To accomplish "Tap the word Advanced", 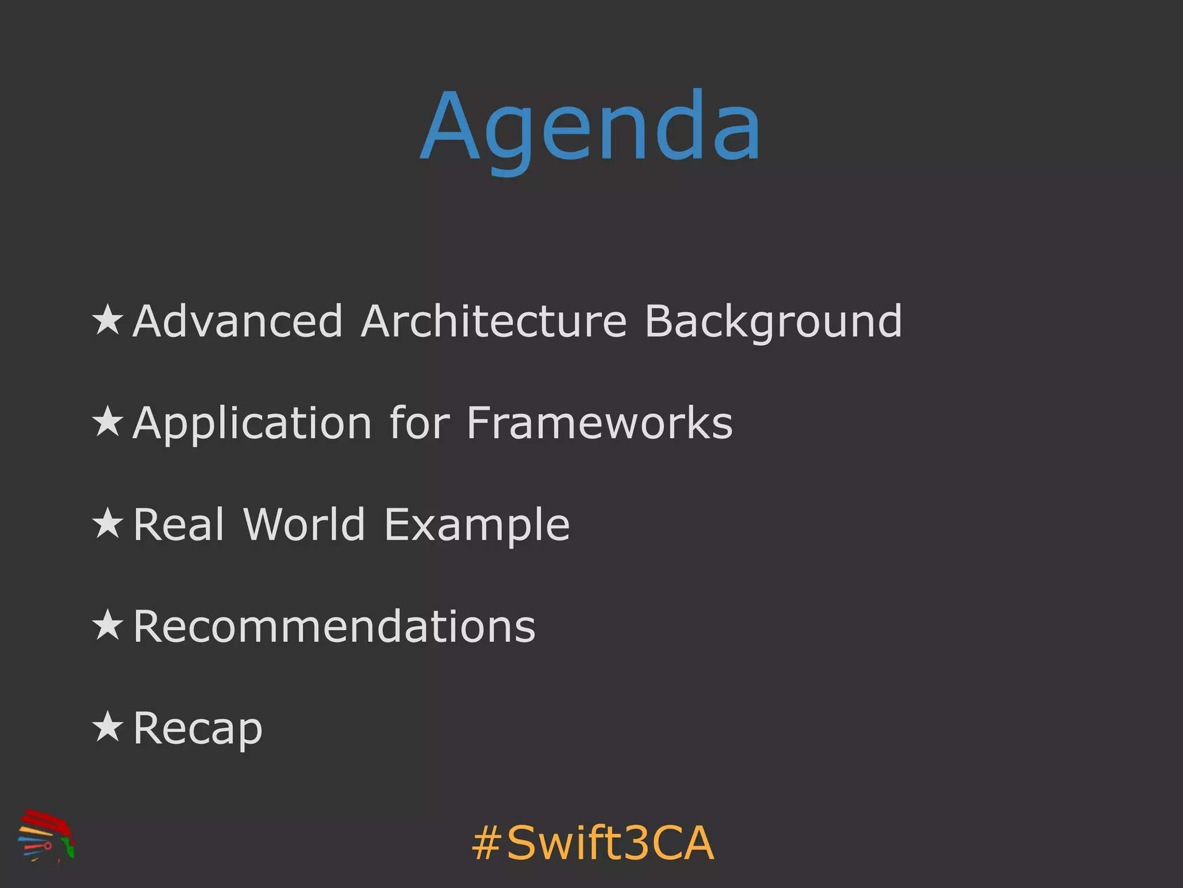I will pos(237,321).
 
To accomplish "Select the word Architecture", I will pos(493,321).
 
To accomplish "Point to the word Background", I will pos(772,322).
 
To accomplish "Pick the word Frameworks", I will pos(600,423).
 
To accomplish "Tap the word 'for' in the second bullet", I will pos(419,423).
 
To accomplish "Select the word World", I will pos(304,524).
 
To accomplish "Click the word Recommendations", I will pos(334,626).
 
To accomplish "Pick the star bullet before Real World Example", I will pos(108,523).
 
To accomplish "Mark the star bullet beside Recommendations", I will pos(108,625).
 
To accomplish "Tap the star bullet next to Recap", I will pos(108,727).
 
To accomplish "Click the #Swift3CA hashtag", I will pos(593,843).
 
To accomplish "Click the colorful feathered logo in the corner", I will pos(46,836).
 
